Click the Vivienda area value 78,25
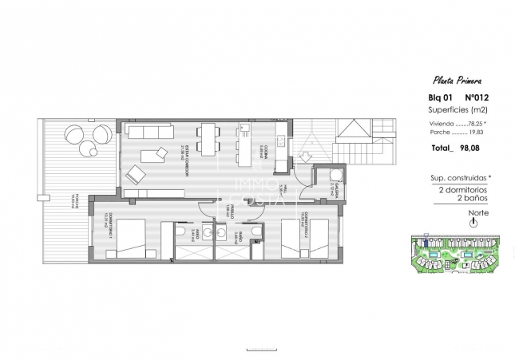click(x=472, y=124)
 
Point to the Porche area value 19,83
click(x=473, y=133)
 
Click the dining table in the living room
click(x=208, y=140)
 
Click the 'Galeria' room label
click(x=332, y=189)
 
